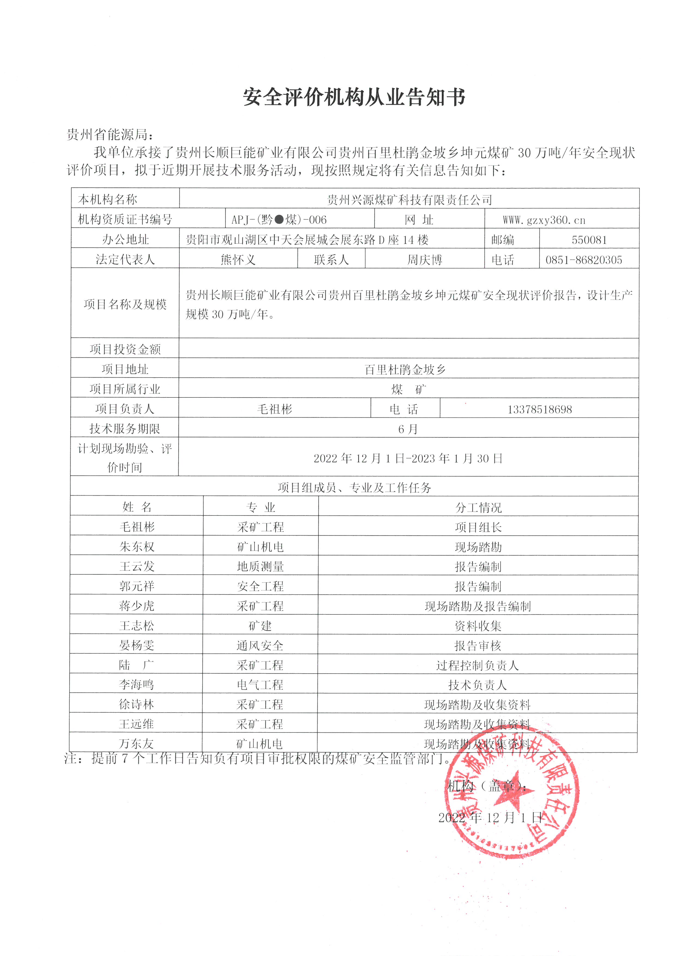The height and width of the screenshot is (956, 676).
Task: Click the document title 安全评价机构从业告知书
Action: click(x=354, y=97)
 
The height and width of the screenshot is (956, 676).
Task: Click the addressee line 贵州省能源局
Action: click(x=110, y=134)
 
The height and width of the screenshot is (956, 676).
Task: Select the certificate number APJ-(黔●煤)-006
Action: click(x=279, y=219)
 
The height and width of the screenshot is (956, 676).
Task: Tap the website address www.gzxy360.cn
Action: click(x=544, y=219)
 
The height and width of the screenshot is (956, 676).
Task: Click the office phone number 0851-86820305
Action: click(x=584, y=260)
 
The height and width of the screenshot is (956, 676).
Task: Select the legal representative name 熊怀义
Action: click(x=238, y=260)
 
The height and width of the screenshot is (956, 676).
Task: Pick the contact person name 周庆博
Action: click(x=425, y=260)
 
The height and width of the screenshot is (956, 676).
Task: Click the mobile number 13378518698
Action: click(x=539, y=409)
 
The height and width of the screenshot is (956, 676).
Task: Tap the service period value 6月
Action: click(x=408, y=429)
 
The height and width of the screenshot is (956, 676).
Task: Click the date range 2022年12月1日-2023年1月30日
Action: click(x=408, y=459)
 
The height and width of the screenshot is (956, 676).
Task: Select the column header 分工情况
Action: click(x=478, y=507)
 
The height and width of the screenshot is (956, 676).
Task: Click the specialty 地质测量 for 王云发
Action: click(x=261, y=566)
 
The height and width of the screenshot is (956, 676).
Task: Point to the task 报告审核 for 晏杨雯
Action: click(x=478, y=646)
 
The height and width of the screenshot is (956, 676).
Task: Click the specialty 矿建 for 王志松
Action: click(x=260, y=625)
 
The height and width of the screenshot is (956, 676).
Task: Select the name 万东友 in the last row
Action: click(x=136, y=744)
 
